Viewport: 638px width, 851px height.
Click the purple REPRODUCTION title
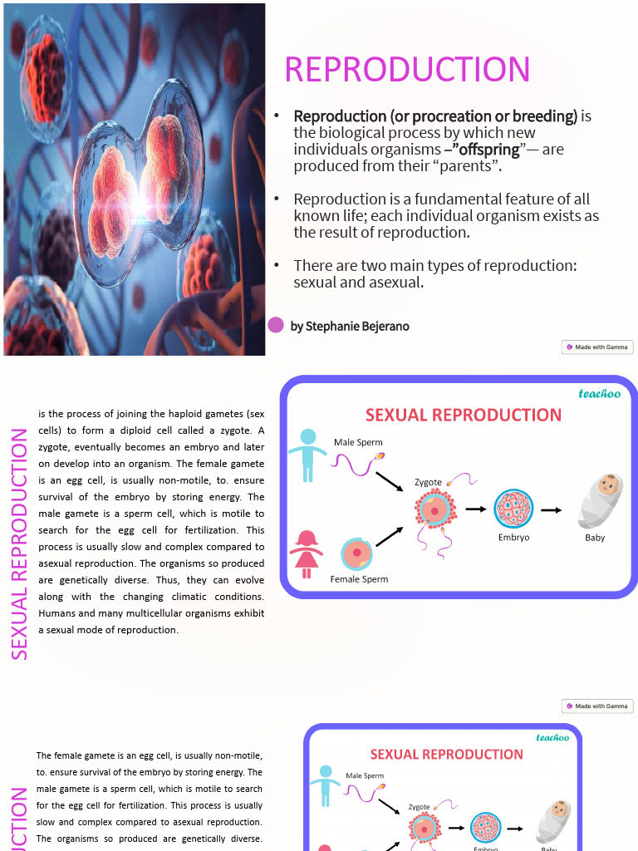407,70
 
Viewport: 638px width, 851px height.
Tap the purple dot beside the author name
277,325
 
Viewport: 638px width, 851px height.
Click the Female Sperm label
359,579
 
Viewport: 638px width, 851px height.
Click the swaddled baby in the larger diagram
599,499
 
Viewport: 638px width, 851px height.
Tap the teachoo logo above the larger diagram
599,394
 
